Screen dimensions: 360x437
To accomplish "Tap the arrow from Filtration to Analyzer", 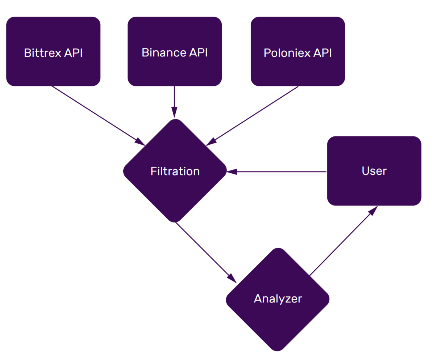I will tap(203, 250).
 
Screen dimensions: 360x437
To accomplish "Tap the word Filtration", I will tap(175, 171).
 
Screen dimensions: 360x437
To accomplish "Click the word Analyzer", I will tap(278, 299).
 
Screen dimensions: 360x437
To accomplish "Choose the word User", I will tap(374, 171).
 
